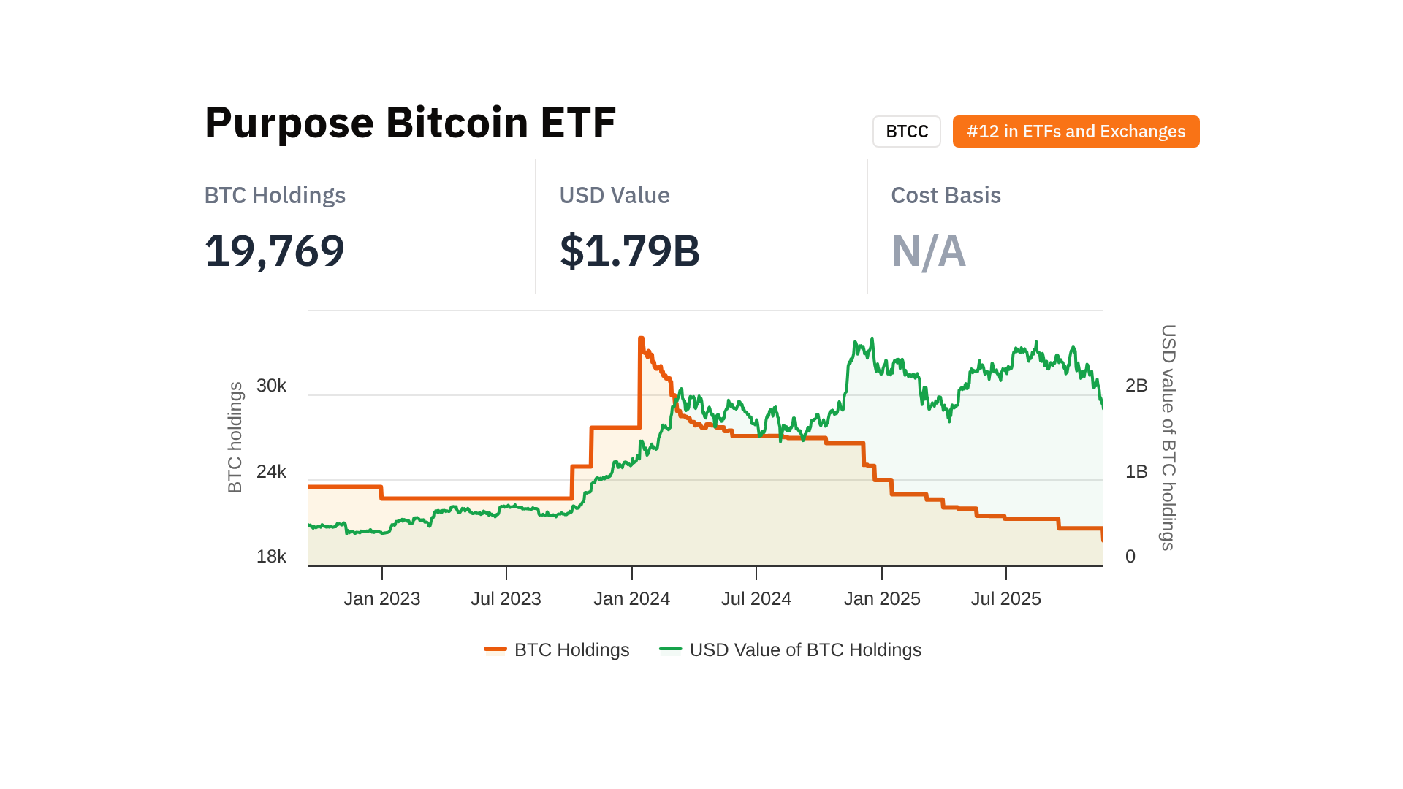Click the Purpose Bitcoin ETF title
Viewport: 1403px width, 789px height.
[x=410, y=122]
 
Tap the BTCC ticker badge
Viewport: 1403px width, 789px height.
[x=906, y=131]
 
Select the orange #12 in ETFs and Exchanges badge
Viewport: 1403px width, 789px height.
[x=1076, y=131]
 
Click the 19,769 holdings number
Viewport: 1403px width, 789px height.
[x=274, y=251]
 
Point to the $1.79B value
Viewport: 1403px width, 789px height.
[x=629, y=251]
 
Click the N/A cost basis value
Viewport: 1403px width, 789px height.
[x=928, y=251]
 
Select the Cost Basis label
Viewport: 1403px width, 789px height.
[x=946, y=195]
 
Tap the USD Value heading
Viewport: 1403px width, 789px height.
[x=614, y=195]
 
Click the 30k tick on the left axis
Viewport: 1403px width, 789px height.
[x=271, y=386]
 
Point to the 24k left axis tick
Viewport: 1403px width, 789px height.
[x=271, y=472]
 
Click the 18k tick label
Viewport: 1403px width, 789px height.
[x=271, y=557]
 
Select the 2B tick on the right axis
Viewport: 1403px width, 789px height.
[x=1136, y=386]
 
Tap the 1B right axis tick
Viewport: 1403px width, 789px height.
[x=1136, y=472]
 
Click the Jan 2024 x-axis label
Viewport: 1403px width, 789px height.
[x=631, y=599]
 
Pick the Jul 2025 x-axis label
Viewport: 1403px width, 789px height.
[x=1005, y=599]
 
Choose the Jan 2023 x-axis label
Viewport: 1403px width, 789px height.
[x=382, y=599]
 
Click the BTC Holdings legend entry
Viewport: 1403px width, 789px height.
[x=557, y=649]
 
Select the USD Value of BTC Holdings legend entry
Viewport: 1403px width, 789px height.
[x=791, y=649]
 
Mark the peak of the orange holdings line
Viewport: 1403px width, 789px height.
[x=641, y=338]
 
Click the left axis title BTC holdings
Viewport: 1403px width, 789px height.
[x=235, y=437]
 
